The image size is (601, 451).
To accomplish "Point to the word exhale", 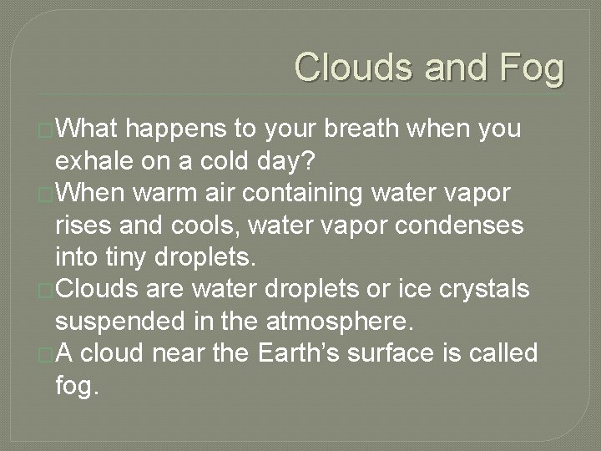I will [x=97, y=159].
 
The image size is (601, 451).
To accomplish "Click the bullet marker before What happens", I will [x=46, y=129].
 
